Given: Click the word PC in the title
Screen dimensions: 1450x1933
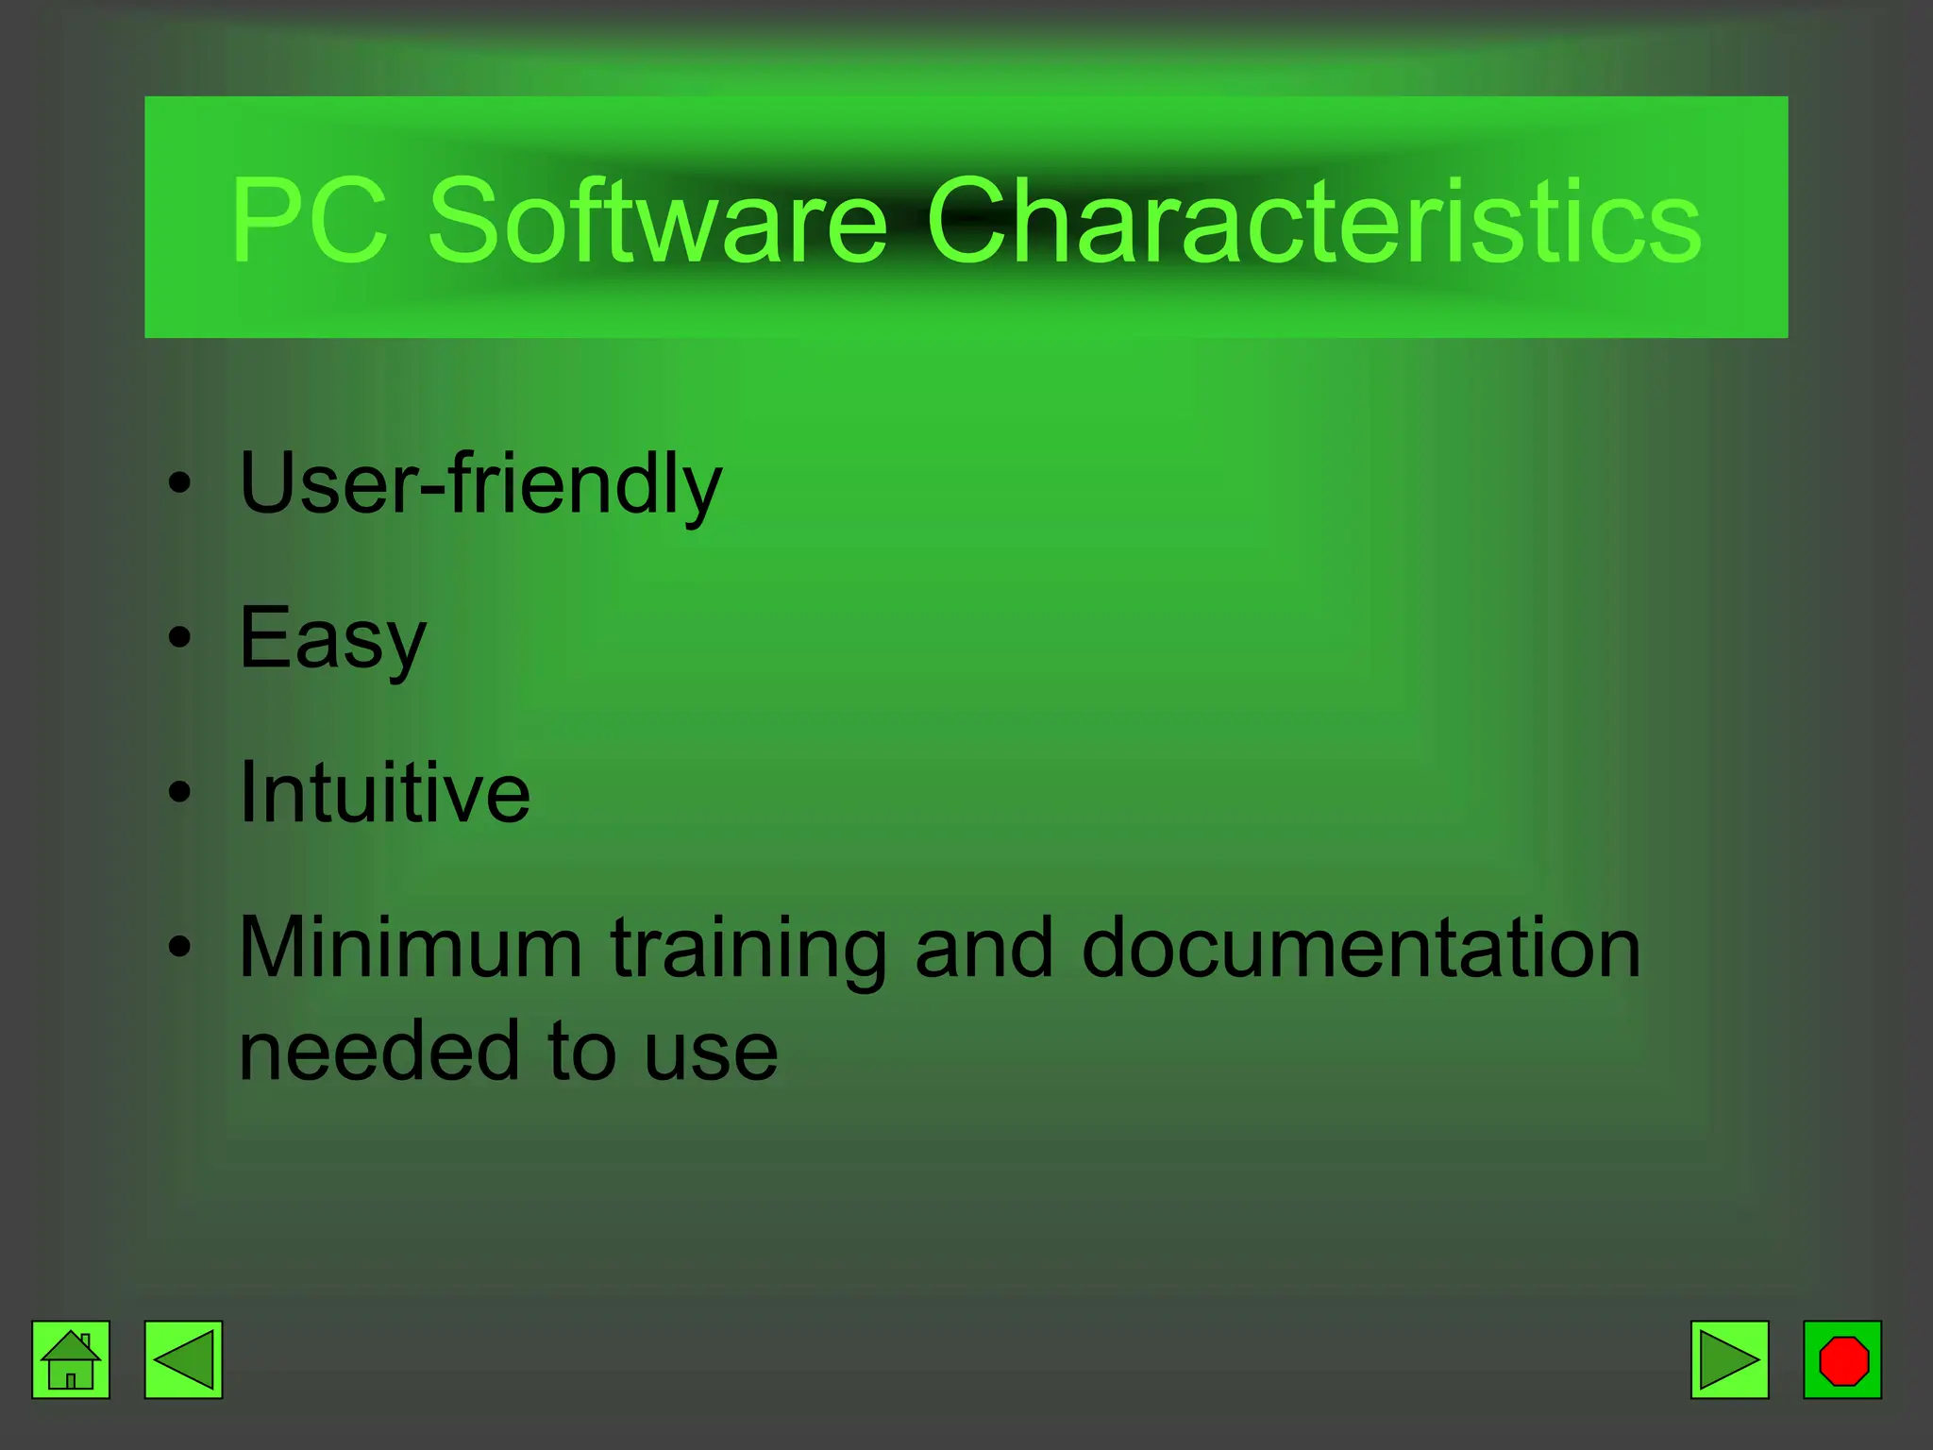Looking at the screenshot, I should pos(309,221).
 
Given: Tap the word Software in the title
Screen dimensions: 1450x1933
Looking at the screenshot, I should pos(658,221).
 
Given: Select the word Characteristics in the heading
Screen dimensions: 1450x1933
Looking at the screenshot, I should pos(1314,221).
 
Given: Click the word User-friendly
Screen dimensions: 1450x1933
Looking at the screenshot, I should pos(480,483).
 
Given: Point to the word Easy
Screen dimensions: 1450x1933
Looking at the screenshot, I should pos(333,639).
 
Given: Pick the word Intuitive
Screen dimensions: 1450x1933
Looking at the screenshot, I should pos(385,792).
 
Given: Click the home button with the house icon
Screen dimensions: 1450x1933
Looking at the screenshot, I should pos(71,1359).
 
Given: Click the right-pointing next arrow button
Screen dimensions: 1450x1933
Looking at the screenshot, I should pos(1729,1359).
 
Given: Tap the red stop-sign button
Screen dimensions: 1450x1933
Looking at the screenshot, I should pos(1842,1359).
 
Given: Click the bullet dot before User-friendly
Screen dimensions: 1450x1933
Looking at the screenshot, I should pos(179,484).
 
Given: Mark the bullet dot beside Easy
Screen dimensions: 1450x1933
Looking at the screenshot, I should pos(179,638).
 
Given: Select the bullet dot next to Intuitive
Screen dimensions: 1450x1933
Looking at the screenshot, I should pos(179,792).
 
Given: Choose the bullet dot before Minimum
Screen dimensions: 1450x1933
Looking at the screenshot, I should pos(179,946).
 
